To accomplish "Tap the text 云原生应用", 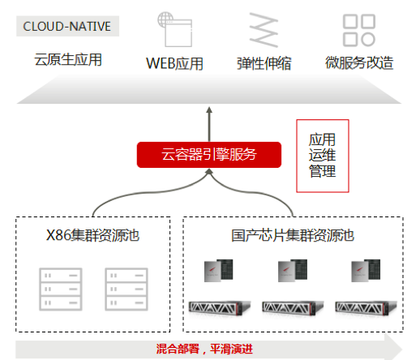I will [x=68, y=61].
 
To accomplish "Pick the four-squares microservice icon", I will [x=358, y=30].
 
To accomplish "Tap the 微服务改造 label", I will [x=358, y=62].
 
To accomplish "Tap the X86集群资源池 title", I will [x=92, y=236].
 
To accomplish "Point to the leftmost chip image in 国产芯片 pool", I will [x=219, y=273].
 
